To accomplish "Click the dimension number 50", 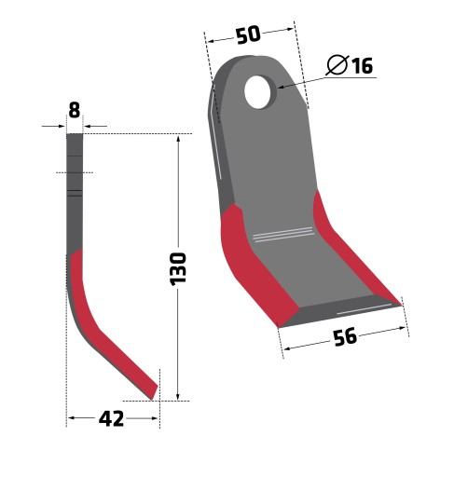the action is [x=248, y=34].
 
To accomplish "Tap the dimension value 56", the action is [x=345, y=337].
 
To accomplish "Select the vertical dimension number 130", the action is [x=178, y=269].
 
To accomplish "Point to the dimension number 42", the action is [x=111, y=419].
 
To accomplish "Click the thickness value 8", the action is [x=75, y=110].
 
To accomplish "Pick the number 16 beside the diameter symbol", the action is [x=363, y=65].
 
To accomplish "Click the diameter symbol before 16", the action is [x=337, y=65].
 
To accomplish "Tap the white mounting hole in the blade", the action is [x=257, y=92].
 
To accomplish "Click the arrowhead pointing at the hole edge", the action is [x=282, y=87].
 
